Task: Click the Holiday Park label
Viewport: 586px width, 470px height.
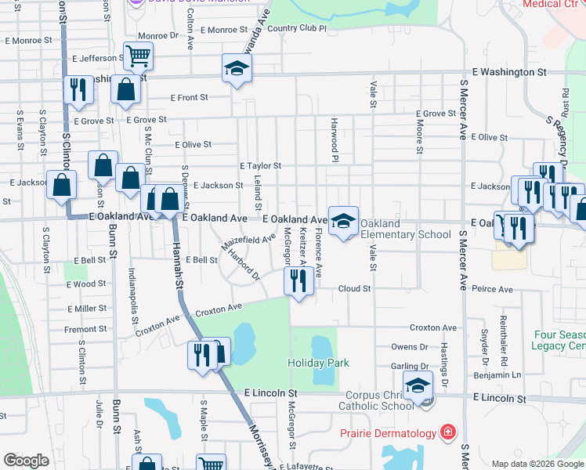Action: click(x=318, y=363)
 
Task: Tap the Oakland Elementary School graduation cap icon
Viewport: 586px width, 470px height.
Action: click(x=343, y=222)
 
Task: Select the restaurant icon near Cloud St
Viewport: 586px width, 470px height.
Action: click(x=297, y=281)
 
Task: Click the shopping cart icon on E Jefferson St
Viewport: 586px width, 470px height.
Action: click(x=138, y=56)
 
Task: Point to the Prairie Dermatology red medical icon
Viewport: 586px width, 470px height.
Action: click(x=447, y=433)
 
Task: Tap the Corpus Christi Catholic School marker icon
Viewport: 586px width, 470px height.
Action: click(x=418, y=386)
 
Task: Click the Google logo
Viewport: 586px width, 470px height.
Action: click(x=26, y=460)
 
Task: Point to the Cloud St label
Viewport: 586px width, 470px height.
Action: click(x=354, y=288)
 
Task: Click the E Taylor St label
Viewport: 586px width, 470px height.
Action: click(x=260, y=166)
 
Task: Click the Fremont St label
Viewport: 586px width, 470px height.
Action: click(x=85, y=329)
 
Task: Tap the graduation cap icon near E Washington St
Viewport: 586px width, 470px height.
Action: click(x=235, y=69)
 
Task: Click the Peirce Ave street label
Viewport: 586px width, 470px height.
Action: click(x=492, y=289)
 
